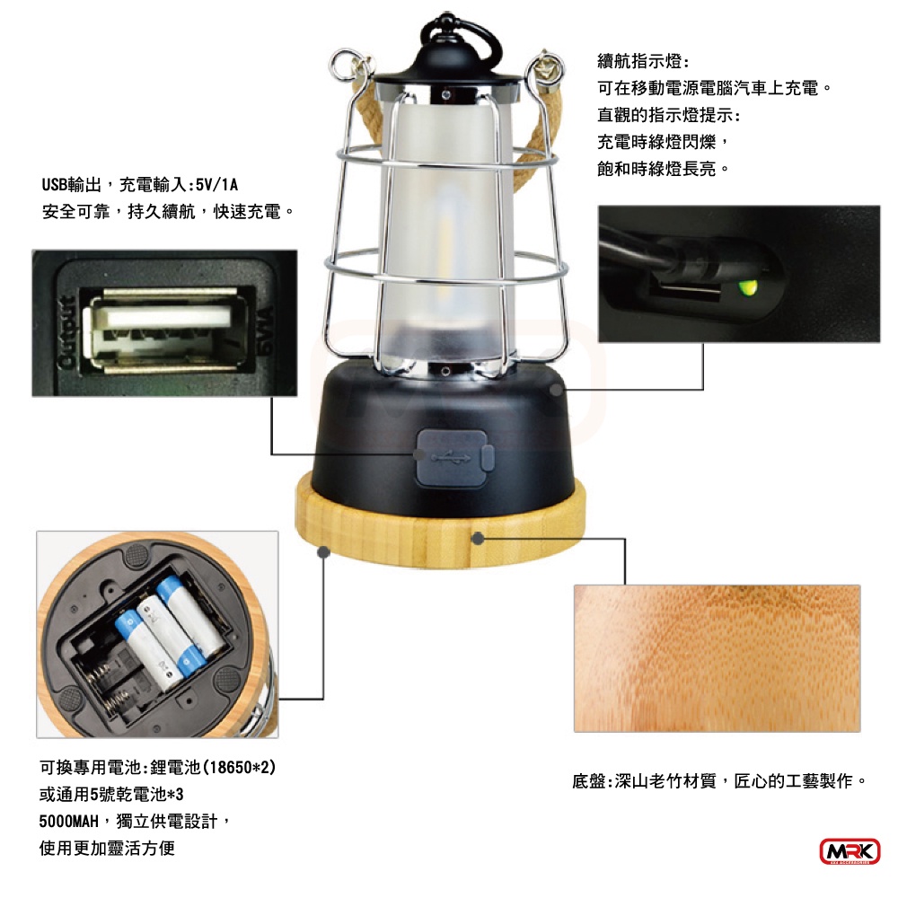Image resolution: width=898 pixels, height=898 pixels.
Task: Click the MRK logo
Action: pyautogui.click(x=850, y=851)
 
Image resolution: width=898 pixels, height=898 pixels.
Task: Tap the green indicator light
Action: pyautogui.click(x=747, y=286)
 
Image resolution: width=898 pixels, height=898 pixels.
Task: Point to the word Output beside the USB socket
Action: pyautogui.click(x=68, y=332)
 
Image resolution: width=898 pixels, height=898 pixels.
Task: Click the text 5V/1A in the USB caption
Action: pyautogui.click(x=216, y=185)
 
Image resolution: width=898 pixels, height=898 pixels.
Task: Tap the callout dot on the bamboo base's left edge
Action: pyautogui.click(x=323, y=551)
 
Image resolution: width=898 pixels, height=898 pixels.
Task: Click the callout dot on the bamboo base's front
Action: pyautogui.click(x=479, y=538)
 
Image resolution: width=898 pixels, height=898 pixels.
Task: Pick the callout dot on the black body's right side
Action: pyautogui.click(x=556, y=390)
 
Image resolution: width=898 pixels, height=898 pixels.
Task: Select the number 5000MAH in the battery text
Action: pyautogui.click(x=69, y=822)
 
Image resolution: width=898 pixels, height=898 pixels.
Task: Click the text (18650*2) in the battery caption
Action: pyautogui.click(x=240, y=767)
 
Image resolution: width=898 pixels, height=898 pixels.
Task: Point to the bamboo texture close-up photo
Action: pyautogui.click(x=717, y=658)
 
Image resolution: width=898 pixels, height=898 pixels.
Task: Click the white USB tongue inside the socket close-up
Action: pyautogui.click(x=165, y=317)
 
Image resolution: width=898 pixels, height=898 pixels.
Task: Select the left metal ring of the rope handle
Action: pyautogui.click(x=346, y=66)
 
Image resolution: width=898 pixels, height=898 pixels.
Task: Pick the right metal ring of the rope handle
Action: pyautogui.click(x=546, y=69)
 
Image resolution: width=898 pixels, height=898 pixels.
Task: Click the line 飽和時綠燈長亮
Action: pyautogui.click(x=656, y=169)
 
